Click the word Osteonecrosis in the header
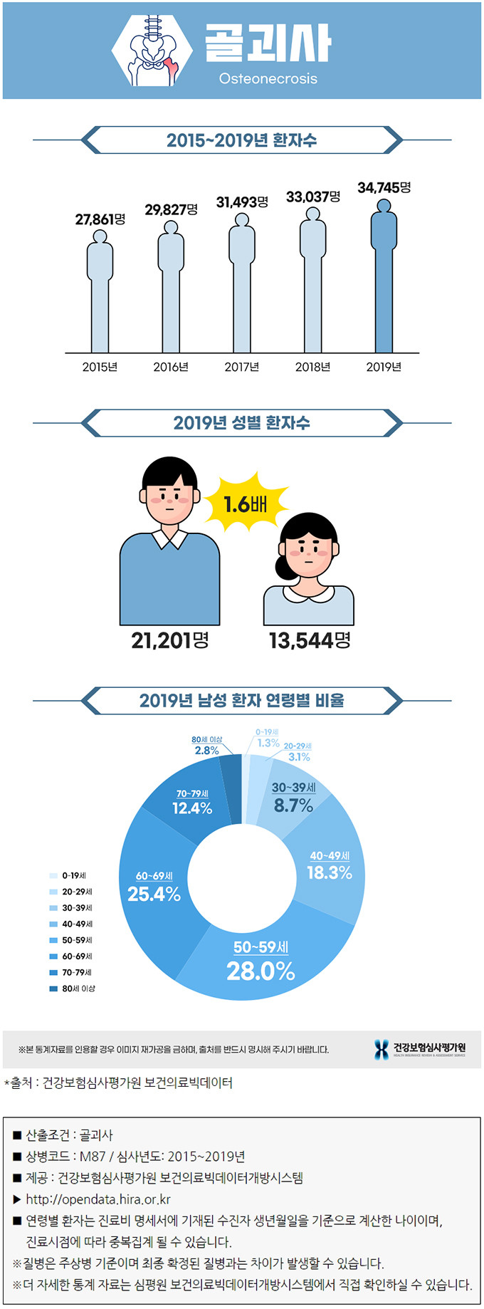pyautogui.click(x=268, y=78)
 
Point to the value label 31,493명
pyautogui.click(x=242, y=202)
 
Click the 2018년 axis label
pyautogui.click(x=312, y=367)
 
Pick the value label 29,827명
pyautogui.click(x=171, y=209)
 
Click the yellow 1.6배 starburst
pyautogui.click(x=246, y=504)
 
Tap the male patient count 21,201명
pyautogui.click(x=170, y=640)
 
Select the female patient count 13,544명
pyautogui.click(x=310, y=640)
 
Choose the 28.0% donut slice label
pyautogui.click(x=261, y=971)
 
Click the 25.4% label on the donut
pyautogui.click(x=154, y=894)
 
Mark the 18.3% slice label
pyautogui.click(x=330, y=872)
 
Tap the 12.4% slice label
pyautogui.click(x=192, y=808)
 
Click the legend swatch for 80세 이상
pyautogui.click(x=53, y=989)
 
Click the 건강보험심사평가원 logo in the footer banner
pyautogui.click(x=420, y=1048)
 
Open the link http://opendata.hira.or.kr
pyautogui.click(x=98, y=1199)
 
